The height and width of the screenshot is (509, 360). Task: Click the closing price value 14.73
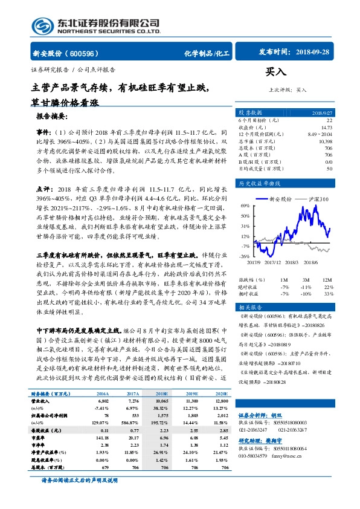(327, 128)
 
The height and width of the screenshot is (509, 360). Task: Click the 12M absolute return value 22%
(328, 287)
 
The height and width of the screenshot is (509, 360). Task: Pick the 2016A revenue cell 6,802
(103, 401)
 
